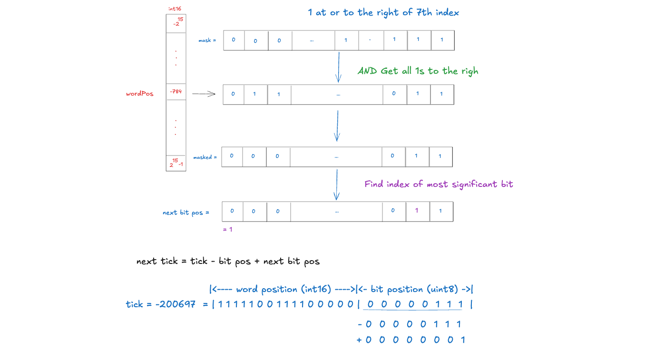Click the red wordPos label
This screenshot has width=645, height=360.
coord(139,94)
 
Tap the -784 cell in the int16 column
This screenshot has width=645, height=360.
coord(176,91)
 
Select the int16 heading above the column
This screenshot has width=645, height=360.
coord(175,9)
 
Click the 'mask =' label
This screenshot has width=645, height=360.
coord(207,40)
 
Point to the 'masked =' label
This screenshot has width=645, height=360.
coord(205,157)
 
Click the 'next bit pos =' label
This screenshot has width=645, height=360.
coord(186,213)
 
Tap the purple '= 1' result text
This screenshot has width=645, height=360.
coord(227,229)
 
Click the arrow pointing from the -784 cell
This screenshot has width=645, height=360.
coord(204,94)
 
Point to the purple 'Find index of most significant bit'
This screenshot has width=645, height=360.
coord(439,184)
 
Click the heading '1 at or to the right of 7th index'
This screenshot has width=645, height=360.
coord(383,12)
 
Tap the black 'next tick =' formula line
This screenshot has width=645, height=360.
coord(228,261)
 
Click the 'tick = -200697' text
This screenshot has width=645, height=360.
coord(160,304)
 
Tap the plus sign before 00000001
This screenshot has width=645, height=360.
coord(359,340)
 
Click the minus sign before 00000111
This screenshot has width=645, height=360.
coord(360,324)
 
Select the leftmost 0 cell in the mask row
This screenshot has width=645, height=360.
coord(234,40)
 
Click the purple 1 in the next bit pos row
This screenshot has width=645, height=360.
coord(417,211)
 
